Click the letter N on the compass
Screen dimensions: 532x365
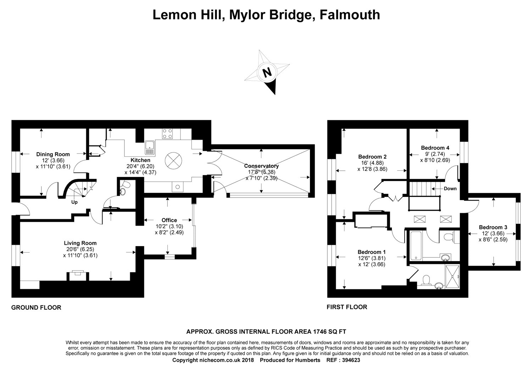tap(267, 72)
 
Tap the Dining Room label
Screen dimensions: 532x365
tap(53, 154)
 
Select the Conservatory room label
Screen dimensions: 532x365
tap(261, 166)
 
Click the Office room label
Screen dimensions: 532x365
tap(169, 220)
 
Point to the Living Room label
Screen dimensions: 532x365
tap(80, 243)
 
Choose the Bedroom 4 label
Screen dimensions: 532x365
tap(435, 148)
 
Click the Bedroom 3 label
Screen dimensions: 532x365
tap(493, 227)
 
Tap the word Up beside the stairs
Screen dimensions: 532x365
tap(74, 202)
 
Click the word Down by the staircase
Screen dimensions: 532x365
tap(450, 188)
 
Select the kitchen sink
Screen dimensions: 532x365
tap(150, 148)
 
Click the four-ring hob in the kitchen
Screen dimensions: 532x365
tap(167, 133)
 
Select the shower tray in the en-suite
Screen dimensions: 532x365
tap(452, 277)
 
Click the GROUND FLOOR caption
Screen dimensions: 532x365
tap(36, 308)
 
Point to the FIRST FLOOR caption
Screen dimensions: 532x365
tap(347, 307)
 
